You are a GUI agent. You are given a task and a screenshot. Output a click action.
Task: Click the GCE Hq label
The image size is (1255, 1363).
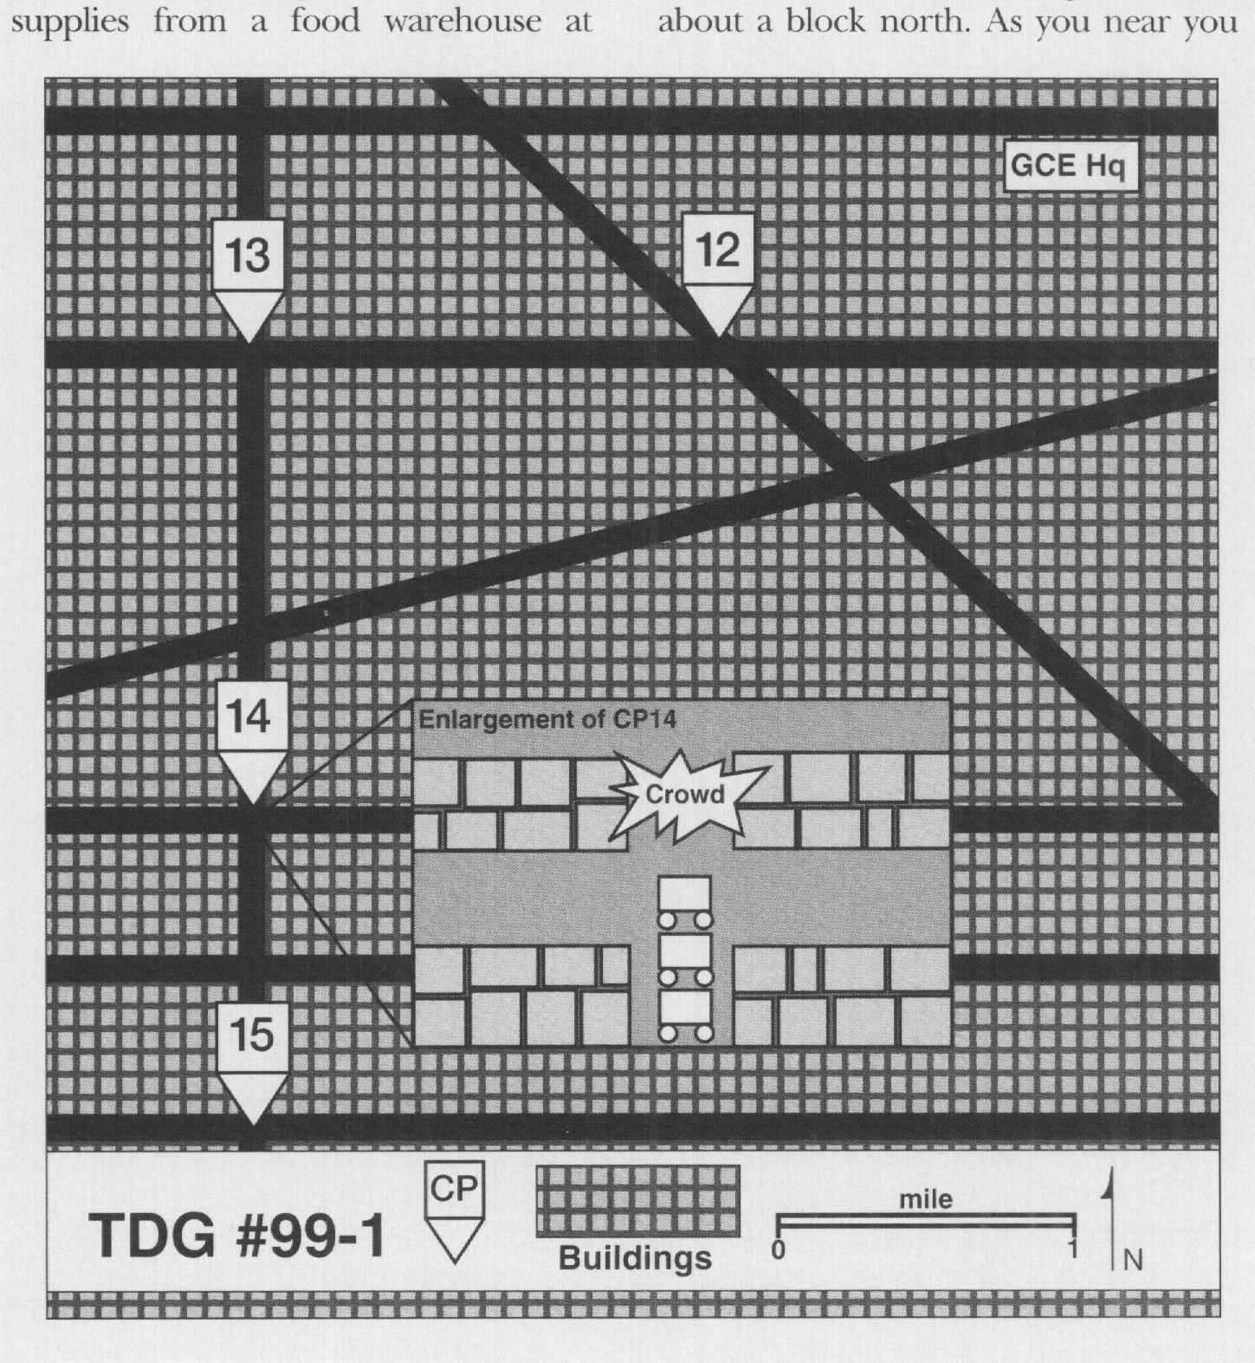(x=1069, y=166)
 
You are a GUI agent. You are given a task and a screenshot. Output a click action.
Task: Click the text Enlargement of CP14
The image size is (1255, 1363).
(x=547, y=719)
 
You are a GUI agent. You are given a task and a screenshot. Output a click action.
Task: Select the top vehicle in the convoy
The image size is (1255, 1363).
(x=685, y=901)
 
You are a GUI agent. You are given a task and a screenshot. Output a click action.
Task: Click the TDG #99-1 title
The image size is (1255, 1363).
(x=236, y=1235)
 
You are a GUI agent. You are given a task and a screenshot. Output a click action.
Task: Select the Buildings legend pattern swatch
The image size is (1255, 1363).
(x=637, y=1201)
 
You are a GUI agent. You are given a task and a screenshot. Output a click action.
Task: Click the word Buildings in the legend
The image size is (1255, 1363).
(x=635, y=1258)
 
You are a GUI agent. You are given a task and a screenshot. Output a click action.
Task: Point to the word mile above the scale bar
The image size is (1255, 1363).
(x=925, y=1200)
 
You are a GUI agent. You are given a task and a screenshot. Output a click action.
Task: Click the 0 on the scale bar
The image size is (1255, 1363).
(x=779, y=1250)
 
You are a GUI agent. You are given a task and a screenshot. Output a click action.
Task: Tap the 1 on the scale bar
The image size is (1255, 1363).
(x=1072, y=1249)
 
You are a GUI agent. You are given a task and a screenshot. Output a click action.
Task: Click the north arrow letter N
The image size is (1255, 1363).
(x=1132, y=1260)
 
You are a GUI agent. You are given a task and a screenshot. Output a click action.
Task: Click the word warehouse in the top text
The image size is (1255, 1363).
(x=462, y=21)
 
